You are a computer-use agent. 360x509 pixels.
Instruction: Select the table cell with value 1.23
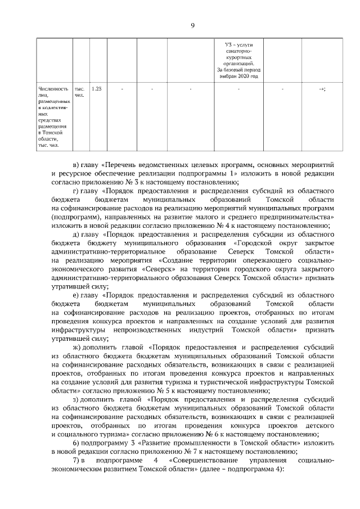pos(96,89)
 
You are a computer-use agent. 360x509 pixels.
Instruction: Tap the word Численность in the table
pos(51,89)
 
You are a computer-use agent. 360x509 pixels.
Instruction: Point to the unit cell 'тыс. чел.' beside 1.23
pos(79,92)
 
